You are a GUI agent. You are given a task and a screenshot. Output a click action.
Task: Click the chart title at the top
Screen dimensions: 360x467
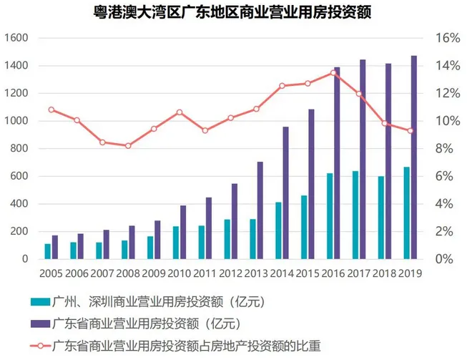(x=233, y=12)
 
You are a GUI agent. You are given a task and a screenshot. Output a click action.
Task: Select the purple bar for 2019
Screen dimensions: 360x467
(x=414, y=157)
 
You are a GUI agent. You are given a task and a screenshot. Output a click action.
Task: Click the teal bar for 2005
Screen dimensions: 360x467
(x=48, y=251)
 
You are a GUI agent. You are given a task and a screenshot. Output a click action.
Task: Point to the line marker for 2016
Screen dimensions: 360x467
(x=334, y=72)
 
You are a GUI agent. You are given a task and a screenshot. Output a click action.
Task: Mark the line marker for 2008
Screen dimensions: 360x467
(x=129, y=145)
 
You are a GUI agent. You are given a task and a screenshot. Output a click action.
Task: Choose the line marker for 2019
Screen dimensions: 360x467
(x=411, y=131)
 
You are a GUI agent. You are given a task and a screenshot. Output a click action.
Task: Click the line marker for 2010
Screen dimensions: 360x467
(x=180, y=112)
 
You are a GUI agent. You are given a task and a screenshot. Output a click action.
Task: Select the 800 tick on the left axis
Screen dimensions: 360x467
(x=18, y=149)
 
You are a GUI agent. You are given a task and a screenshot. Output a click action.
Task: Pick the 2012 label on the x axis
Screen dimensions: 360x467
(x=230, y=273)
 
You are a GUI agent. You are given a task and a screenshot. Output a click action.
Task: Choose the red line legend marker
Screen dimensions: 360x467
(x=39, y=346)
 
